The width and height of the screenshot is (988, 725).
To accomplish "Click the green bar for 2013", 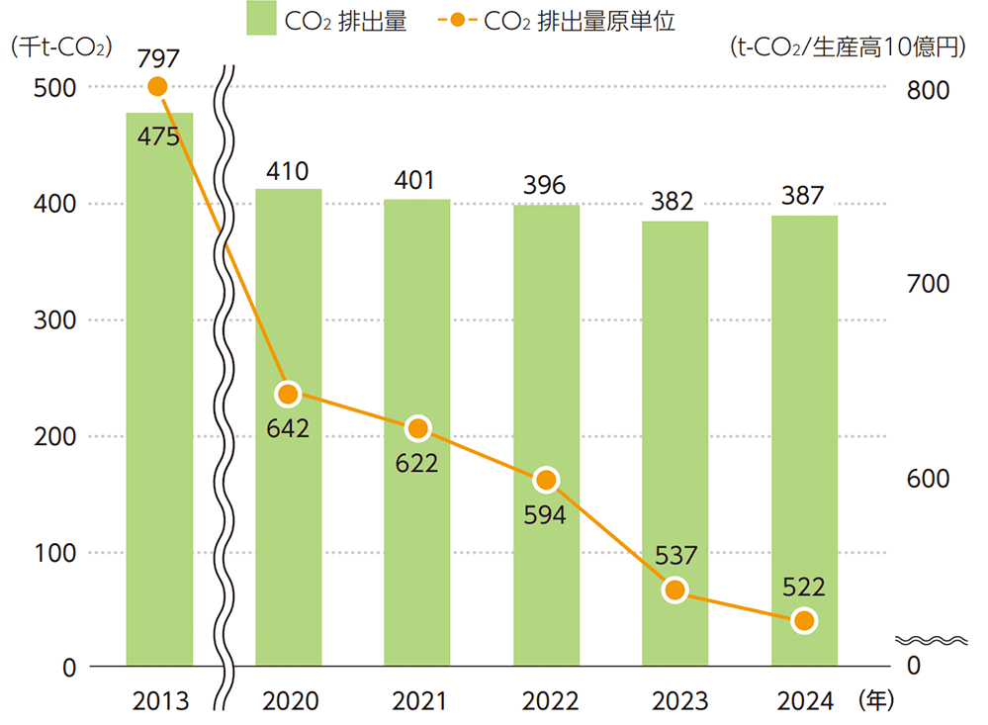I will point(159,396).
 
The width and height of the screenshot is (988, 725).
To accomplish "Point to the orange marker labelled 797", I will point(157,87).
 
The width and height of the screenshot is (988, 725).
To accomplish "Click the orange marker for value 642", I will point(288,395).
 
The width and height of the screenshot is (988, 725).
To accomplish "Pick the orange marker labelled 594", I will point(546,481).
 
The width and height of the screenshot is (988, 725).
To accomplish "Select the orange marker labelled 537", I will point(674,590).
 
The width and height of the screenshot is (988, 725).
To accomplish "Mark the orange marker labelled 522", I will point(804,621).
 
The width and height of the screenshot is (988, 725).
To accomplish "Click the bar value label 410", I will point(288,171).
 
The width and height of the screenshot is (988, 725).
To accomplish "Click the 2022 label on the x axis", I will point(545,701).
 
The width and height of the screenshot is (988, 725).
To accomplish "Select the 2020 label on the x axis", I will point(290,701).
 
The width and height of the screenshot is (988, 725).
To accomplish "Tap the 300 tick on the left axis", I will point(55,320).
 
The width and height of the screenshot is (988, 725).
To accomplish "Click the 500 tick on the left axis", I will point(55,88).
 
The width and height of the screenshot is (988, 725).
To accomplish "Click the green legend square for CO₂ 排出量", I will point(261,19).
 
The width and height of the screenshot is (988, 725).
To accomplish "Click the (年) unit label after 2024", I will point(876,700).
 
